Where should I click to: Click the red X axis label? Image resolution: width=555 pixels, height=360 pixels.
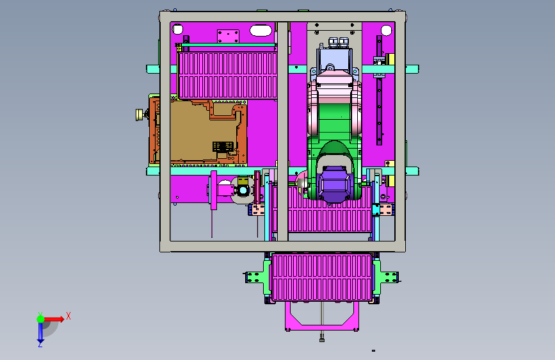point(68,316)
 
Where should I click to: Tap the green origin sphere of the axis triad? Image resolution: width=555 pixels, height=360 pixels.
point(41,319)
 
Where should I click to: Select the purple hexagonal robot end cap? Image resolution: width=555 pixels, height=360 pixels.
point(334,184)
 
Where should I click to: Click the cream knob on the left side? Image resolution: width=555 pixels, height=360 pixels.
point(140,115)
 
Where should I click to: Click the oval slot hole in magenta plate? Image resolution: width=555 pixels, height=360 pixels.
point(261,30)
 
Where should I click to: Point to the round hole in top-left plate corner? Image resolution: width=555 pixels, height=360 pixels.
point(177,29)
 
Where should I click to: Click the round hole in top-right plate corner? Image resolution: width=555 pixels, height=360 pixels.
point(386,30)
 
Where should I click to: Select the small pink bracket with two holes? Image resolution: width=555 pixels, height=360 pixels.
point(228,37)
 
